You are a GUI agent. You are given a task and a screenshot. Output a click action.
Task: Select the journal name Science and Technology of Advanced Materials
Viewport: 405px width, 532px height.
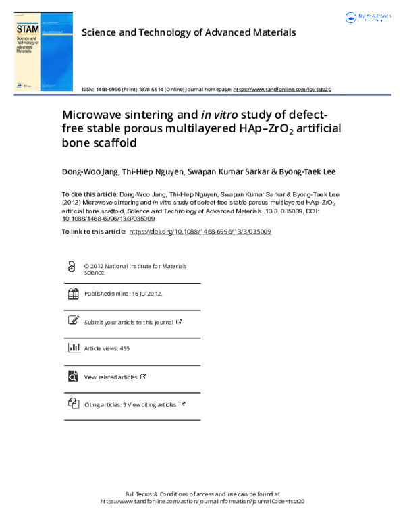coord(188,32)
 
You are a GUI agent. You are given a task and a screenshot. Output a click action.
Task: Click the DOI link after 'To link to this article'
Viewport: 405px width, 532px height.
coord(200,231)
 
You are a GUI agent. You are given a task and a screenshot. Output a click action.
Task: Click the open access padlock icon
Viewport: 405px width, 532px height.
coord(73,267)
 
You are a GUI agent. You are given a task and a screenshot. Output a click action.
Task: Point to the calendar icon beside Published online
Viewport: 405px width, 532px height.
coord(74,294)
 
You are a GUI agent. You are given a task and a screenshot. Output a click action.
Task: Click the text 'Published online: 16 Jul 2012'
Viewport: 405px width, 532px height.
coord(123,294)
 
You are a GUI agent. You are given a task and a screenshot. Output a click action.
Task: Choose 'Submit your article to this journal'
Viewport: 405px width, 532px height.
coord(128,322)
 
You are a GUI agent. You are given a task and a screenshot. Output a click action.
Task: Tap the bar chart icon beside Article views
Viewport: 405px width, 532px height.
coord(74,348)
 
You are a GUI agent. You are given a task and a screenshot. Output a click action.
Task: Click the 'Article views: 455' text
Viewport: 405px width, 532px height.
coord(107,349)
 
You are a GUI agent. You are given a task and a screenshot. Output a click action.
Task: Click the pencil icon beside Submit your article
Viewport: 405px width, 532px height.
coord(74,321)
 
